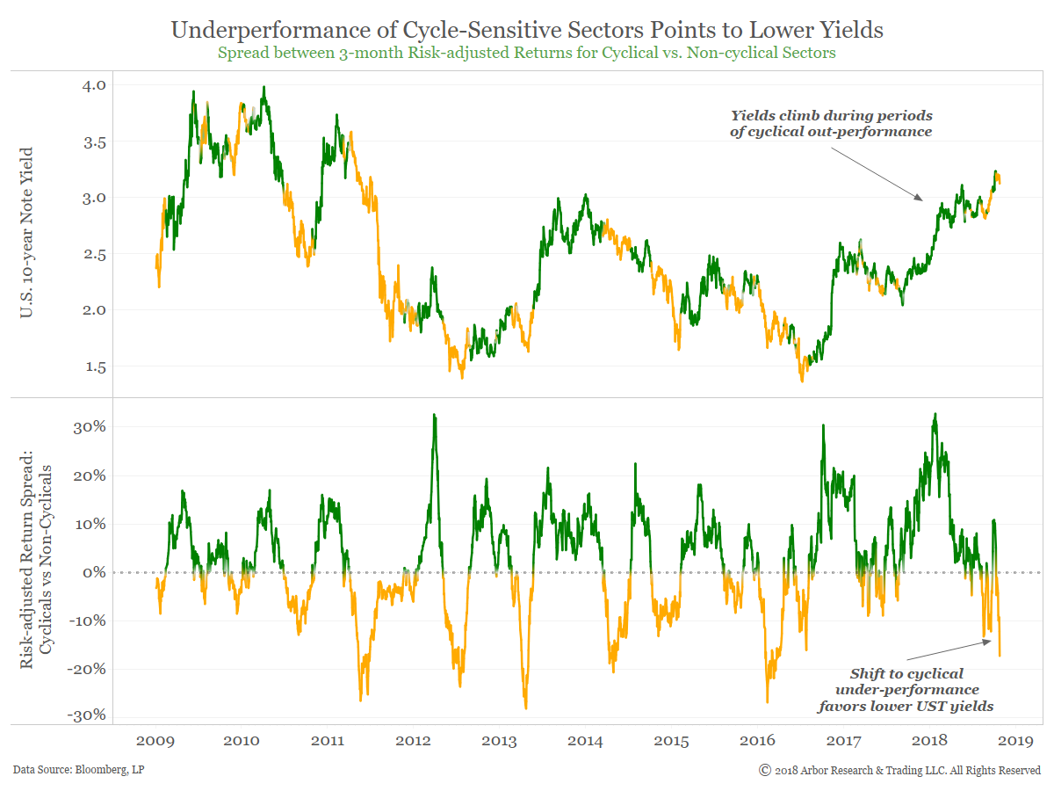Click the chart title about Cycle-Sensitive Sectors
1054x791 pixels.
[x=527, y=30]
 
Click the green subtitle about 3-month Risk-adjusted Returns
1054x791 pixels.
[x=527, y=52]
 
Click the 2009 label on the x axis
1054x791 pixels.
[x=155, y=741]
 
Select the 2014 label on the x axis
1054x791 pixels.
[x=585, y=741]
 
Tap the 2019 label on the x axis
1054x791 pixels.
[x=1015, y=741]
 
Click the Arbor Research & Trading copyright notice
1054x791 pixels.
[x=899, y=771]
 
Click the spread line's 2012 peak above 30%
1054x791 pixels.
[x=434, y=415]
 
